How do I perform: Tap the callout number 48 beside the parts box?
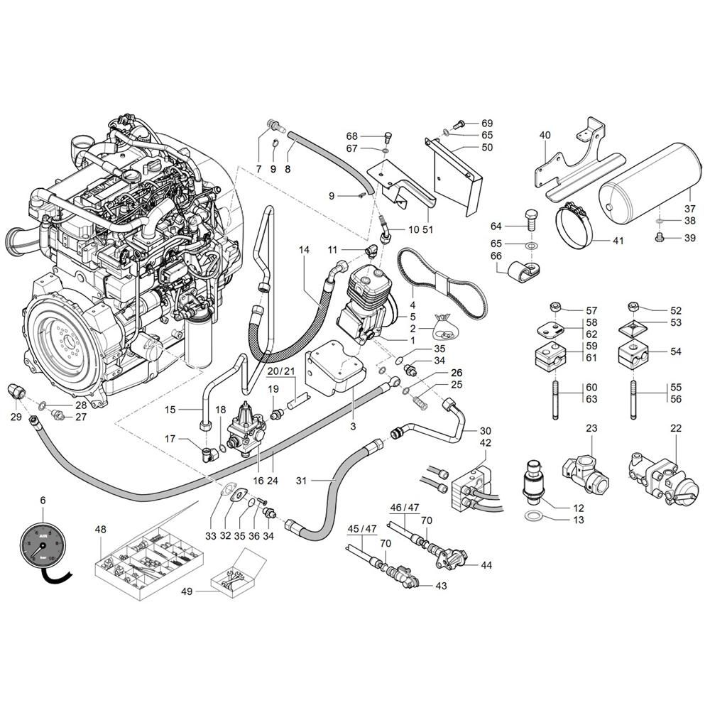point(101,529)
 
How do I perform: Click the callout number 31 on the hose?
point(301,481)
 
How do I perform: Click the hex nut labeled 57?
point(555,307)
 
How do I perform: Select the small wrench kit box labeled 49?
point(239,574)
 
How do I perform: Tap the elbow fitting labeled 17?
point(210,454)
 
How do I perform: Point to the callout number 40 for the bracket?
point(545,135)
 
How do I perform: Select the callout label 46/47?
point(405,508)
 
